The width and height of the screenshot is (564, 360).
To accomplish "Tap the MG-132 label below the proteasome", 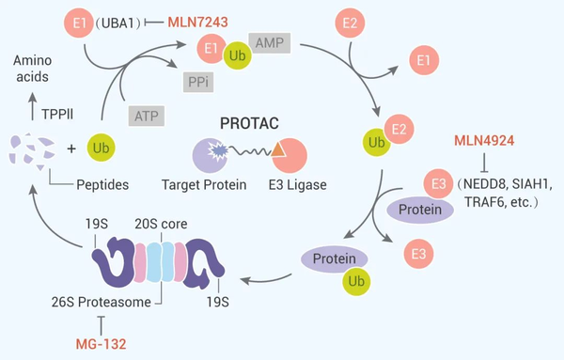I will pyautogui.click(x=99, y=343).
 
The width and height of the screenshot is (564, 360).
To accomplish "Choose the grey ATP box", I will pyautogui.click(x=144, y=114).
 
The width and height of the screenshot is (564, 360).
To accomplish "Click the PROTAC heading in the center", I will pyautogui.click(x=253, y=123).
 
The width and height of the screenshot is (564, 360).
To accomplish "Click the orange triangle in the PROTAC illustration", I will pyautogui.click(x=279, y=147).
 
